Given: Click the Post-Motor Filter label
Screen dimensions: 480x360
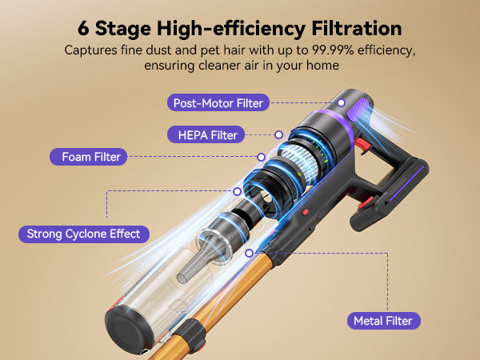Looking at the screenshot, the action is coord(218,103).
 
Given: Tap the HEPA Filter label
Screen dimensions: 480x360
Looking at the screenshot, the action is coord(206,134).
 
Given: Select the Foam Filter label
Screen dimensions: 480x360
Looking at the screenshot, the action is coord(89,157).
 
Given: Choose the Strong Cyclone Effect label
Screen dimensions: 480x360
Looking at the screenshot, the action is coord(84,234).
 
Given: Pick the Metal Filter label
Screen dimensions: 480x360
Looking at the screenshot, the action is coord(384,321).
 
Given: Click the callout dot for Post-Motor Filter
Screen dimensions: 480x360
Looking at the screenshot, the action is coord(342,103).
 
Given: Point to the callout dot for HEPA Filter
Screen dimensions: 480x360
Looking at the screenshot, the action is coord(278,134).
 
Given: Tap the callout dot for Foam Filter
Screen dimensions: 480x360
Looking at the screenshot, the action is coord(261,157).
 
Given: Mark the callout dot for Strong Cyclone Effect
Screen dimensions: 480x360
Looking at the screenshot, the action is coord(237,192).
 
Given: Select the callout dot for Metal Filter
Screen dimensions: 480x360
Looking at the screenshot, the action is coord(250,253).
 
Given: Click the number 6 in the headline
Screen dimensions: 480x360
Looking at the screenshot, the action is coord(83,29).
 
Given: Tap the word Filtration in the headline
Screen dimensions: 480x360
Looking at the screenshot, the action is coord(357,29).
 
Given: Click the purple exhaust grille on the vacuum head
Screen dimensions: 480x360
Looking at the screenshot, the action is coord(358,110).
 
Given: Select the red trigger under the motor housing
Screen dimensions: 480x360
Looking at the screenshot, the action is coord(362,145).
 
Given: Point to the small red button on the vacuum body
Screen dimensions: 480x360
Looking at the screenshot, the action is coord(306,212).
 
